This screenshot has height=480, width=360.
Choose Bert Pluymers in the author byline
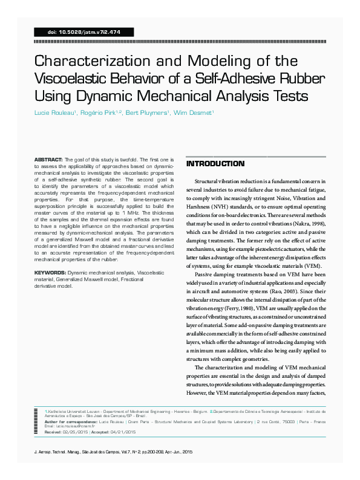coord(146,113)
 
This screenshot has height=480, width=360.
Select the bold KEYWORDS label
coord(50,273)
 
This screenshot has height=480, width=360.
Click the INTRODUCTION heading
coord(215,164)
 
